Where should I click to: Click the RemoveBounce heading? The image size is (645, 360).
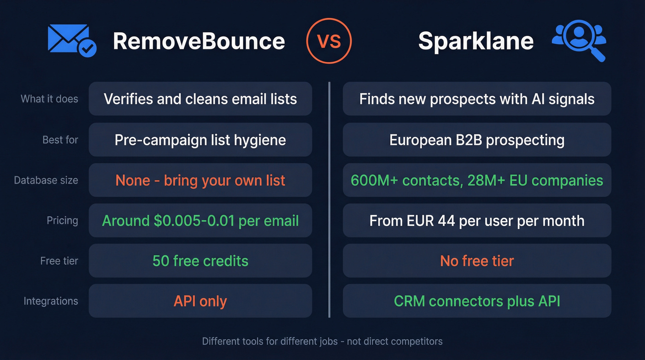point(199,41)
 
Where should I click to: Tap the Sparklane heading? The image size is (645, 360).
point(475,41)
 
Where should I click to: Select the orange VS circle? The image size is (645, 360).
point(329,41)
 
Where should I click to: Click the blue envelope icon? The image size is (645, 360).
point(72,41)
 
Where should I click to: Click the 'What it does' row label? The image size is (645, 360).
point(49,99)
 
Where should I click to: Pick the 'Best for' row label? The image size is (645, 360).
point(60,139)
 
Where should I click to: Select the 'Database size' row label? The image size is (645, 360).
point(46,180)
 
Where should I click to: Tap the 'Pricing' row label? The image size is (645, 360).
point(62,220)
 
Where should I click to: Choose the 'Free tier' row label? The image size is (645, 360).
point(59,261)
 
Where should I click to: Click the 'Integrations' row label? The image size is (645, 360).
point(51,301)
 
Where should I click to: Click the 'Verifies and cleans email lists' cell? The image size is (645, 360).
point(200,99)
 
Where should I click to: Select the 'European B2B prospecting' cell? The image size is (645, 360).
point(477,139)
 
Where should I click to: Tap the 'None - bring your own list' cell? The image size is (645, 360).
point(200,180)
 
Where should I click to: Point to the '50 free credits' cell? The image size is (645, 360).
point(200,261)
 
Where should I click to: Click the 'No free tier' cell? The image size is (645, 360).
point(477,261)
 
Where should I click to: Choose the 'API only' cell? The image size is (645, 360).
point(200,301)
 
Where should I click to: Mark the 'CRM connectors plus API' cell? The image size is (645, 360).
point(477,301)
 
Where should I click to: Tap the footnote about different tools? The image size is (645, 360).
point(322,342)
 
